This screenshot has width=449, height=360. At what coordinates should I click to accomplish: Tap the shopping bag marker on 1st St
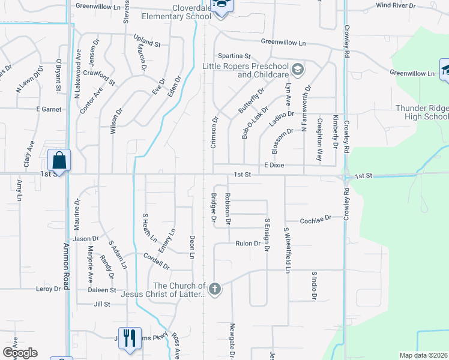click(x=59, y=161)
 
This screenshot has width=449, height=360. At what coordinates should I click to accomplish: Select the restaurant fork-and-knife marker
click(x=130, y=338)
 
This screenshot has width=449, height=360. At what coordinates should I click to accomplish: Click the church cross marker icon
click(x=215, y=290)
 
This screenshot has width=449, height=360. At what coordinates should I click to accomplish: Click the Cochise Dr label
click(x=315, y=219)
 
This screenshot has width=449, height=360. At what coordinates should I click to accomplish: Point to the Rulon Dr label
click(x=247, y=244)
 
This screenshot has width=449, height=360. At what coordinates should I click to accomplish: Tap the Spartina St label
click(x=234, y=56)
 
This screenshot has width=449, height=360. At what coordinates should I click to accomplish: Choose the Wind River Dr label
click(x=396, y=5)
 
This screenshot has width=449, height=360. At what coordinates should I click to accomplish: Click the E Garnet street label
click(x=49, y=109)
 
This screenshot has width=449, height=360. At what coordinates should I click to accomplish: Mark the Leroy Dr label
click(x=49, y=289)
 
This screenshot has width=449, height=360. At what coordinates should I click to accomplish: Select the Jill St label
click(x=102, y=304)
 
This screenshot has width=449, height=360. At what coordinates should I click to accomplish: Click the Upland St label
click(x=147, y=44)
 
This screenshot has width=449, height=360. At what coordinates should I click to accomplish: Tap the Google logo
click(x=20, y=353)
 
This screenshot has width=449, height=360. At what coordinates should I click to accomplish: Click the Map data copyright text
click(x=423, y=355)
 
